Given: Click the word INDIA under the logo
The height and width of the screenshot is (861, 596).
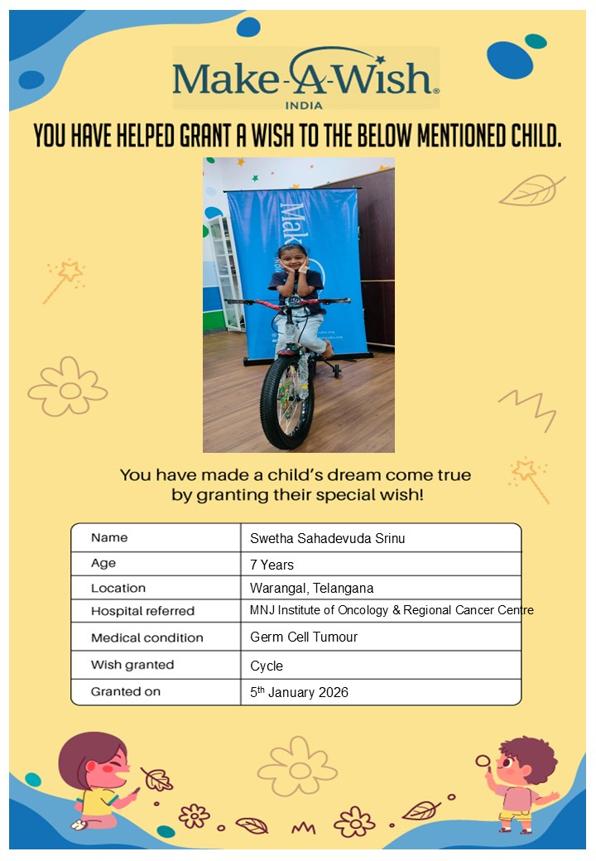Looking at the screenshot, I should [x=304, y=104].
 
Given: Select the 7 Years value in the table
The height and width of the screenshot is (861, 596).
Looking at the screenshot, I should [x=272, y=565].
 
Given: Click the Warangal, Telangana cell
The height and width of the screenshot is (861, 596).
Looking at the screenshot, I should [x=311, y=589].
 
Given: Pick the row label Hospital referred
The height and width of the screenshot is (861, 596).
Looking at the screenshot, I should [x=142, y=611].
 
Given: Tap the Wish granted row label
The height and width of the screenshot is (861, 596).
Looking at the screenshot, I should [x=132, y=665].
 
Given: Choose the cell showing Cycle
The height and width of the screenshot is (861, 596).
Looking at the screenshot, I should [x=267, y=666].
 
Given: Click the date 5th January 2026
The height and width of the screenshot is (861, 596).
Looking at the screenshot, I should [x=299, y=692].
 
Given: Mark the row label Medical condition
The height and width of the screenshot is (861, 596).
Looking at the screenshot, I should [x=147, y=637].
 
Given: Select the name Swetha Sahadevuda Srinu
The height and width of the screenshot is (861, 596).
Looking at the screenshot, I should [x=327, y=538].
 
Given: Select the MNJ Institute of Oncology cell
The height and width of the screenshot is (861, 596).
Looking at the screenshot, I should [x=392, y=611].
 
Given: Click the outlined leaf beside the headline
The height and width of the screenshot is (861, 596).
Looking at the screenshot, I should [x=531, y=190].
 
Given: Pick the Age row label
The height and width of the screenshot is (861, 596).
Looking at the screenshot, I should [x=103, y=564].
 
